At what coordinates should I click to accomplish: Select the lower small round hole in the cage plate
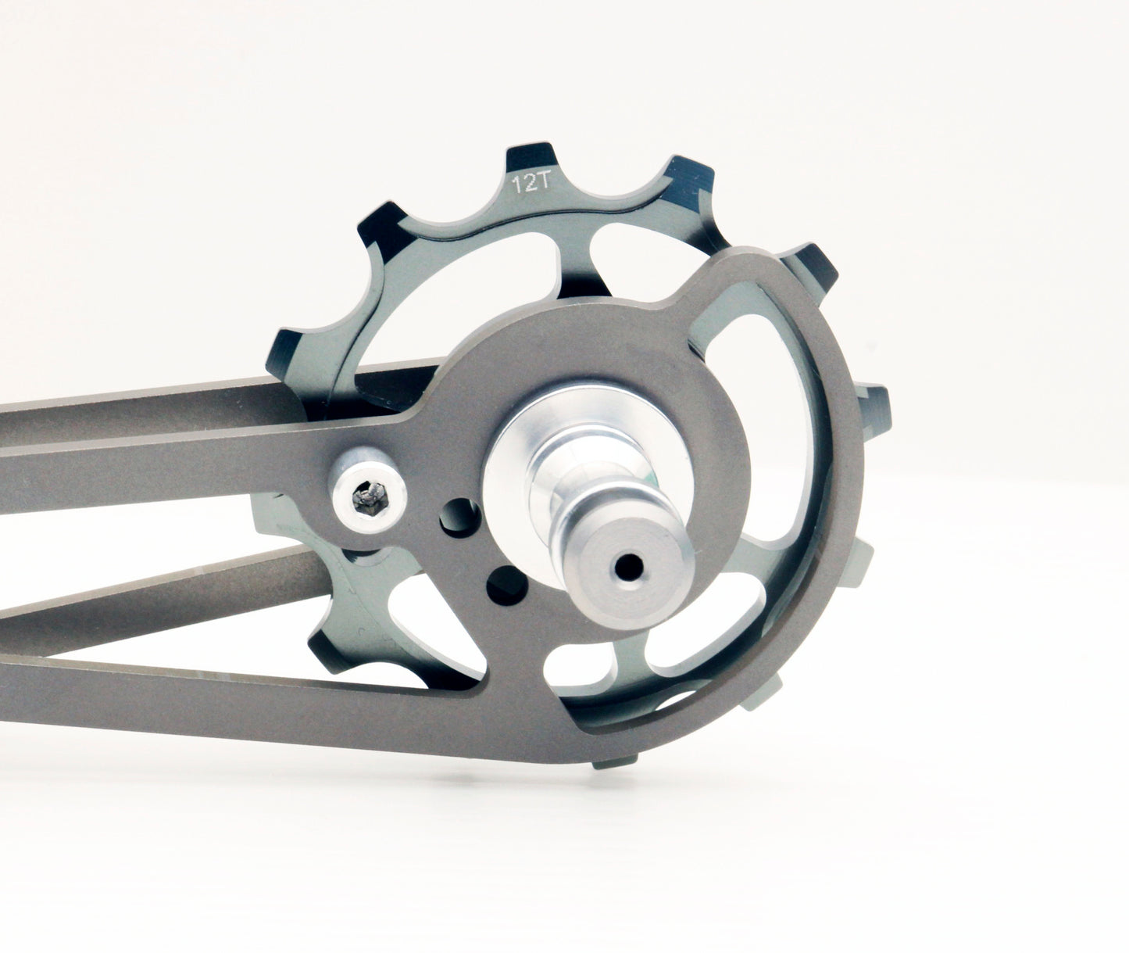[x=498, y=581]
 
